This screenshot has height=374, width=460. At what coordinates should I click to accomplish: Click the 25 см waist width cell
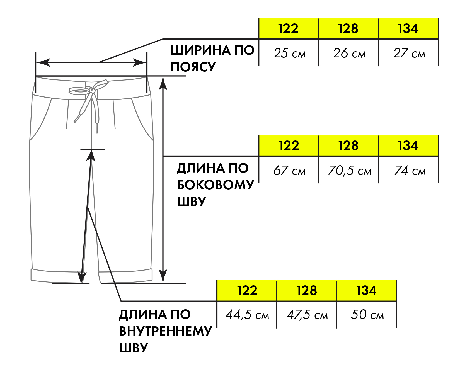tap(289, 53)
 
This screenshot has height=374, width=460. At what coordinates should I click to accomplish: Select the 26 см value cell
tap(349, 53)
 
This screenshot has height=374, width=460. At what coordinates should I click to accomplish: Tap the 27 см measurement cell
tap(409, 53)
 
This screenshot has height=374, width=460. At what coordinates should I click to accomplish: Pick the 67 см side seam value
tap(289, 170)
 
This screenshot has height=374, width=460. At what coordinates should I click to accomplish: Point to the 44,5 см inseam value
tap(247, 315)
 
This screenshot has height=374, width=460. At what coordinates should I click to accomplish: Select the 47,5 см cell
tap(307, 315)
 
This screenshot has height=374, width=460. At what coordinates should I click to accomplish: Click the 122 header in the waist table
tap(288, 29)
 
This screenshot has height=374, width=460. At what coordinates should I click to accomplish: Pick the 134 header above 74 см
tap(408, 146)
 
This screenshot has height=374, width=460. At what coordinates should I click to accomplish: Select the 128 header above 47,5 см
tap(307, 291)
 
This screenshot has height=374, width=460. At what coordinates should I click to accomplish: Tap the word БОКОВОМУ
tap(216, 185)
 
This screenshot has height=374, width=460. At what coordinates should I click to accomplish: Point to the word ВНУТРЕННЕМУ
tap(166, 331)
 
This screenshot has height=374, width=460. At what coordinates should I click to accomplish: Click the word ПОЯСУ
tap(193, 67)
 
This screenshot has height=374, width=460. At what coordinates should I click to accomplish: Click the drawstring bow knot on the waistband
tap(92, 90)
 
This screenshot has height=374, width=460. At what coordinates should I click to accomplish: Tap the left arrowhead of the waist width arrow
tap(43, 62)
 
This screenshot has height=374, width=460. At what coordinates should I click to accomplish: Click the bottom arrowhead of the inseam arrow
tap(82, 277)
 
